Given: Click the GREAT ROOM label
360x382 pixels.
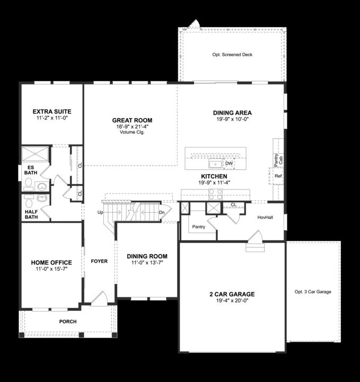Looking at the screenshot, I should [128, 120].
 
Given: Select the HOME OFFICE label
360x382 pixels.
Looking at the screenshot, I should [51, 263].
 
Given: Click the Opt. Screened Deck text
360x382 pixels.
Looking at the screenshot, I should [232, 55].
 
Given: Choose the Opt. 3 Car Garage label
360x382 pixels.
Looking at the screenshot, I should [313, 292].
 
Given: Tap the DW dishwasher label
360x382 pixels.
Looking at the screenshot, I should [229, 163].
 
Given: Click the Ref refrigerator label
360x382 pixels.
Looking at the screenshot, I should [278, 176].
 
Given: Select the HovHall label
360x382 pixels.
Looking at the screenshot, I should [265, 217].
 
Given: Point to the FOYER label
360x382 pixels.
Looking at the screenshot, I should [100, 262].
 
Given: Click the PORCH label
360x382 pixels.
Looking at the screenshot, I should [68, 322].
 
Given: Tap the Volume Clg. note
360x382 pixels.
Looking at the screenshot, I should [128, 133].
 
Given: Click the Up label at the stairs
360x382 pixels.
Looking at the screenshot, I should [100, 212].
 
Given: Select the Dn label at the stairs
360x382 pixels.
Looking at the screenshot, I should [162, 212].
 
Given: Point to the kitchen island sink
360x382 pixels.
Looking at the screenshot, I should [216, 163].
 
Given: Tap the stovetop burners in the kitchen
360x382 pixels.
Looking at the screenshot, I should [215, 194].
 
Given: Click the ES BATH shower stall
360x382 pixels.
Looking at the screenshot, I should [36, 155].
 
